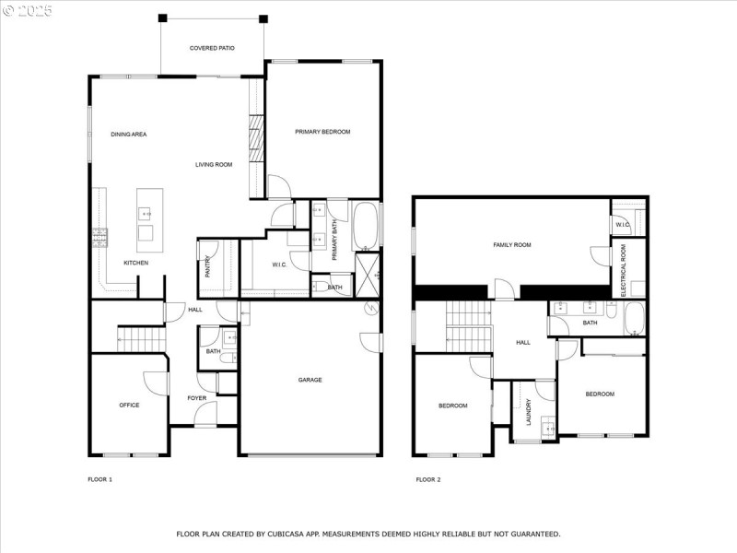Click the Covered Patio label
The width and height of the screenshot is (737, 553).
[212, 48]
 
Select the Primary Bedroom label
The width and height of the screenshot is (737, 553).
[322, 132]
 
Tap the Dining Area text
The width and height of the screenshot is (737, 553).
[129, 135]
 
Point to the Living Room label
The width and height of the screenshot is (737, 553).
[214, 165]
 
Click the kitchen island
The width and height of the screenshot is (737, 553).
[149, 220]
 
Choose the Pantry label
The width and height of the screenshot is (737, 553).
[208, 267]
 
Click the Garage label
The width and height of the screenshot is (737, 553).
[310, 380]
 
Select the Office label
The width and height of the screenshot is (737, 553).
[129, 405]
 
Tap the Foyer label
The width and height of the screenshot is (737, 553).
[197, 398]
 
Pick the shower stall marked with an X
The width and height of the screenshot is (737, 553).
[367, 274]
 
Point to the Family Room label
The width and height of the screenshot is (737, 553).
[512, 244]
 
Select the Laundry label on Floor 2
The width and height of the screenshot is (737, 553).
[528, 412]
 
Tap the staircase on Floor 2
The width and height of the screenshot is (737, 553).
[464, 327]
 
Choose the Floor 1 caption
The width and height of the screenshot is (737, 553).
[99, 479]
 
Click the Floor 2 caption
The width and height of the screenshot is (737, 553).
[428, 479]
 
